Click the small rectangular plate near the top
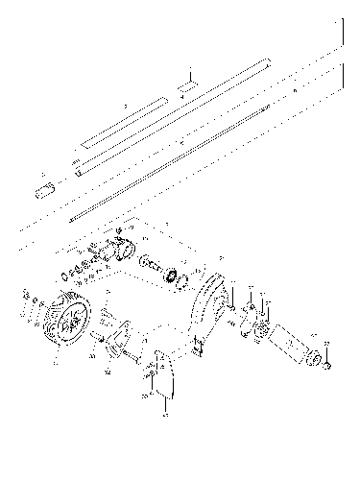189,85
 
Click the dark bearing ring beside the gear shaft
177,277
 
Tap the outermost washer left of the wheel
22,306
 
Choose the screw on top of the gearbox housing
118,234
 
